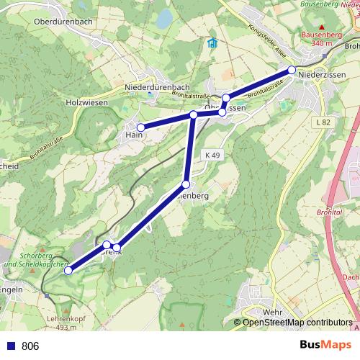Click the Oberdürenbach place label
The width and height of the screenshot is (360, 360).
(x=63, y=21)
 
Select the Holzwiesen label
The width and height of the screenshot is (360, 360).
(x=86, y=102)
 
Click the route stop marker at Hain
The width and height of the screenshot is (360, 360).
(x=141, y=127)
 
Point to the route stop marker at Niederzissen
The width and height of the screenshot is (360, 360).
(x=292, y=70)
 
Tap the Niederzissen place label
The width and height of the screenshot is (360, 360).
(x=322, y=75)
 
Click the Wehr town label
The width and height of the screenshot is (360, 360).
(x=273, y=312)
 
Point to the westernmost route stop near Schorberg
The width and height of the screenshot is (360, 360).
(x=68, y=271)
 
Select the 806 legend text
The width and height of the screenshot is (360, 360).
(x=30, y=346)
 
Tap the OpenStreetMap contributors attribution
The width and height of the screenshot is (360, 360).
(x=298, y=323)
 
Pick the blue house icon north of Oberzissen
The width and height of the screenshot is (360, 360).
(x=212, y=43)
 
